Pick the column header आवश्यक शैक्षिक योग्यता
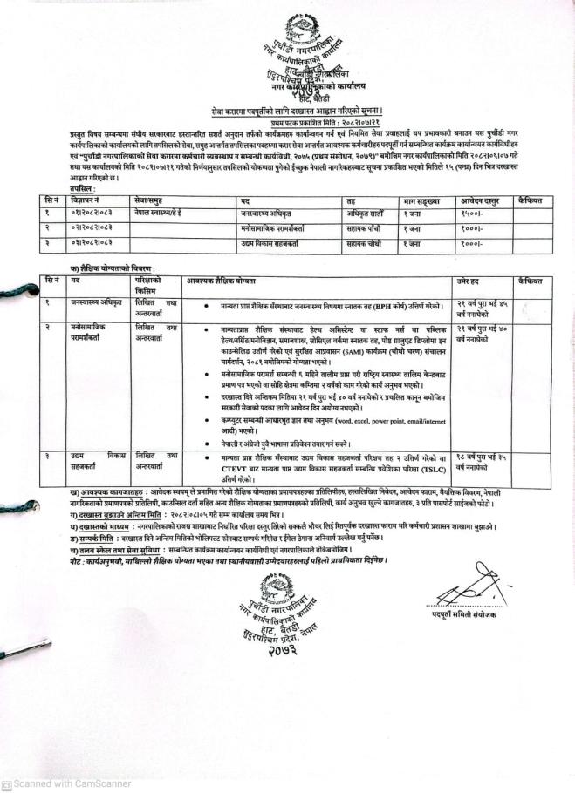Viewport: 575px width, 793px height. pyautogui.click(x=229, y=282)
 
